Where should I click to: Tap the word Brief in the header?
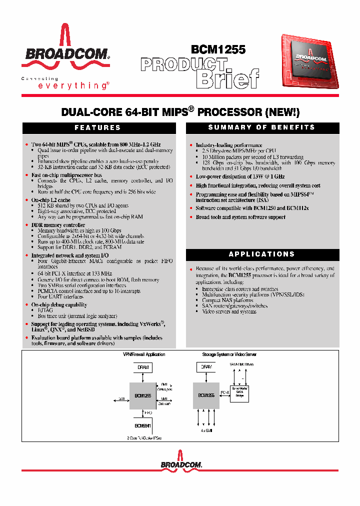(x=227, y=78)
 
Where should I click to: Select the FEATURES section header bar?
(x=98, y=128)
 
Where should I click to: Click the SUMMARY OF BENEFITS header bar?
(x=261, y=128)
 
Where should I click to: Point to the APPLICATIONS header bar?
(x=261, y=254)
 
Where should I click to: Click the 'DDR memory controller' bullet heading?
(x=58, y=225)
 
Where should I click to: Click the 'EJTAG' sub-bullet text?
(x=45, y=310)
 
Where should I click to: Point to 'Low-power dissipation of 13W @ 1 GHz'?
(x=240, y=176)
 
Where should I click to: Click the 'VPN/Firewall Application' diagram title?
(x=144, y=354)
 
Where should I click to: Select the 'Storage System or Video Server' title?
(x=229, y=354)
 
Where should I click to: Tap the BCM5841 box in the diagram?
(x=143, y=425)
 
